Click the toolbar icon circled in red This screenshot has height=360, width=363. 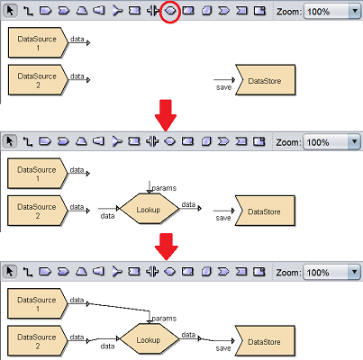click(170, 11)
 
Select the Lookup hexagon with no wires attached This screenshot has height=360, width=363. click(150, 209)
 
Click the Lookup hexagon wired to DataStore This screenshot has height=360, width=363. click(150, 339)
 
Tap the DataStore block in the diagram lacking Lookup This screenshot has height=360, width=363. click(266, 80)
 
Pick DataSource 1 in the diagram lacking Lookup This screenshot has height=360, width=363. click(38, 42)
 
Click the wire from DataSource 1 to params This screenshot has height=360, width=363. click(120, 308)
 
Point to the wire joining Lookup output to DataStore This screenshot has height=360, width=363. click(216, 340)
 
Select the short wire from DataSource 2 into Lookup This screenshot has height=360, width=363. click(103, 339)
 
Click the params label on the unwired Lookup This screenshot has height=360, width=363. click(164, 188)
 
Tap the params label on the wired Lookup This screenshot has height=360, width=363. click(164, 319)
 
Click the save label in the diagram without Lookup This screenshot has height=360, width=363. click(223, 87)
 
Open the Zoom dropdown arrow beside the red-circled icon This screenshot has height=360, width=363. click(355, 12)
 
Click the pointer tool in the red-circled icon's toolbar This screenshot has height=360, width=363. click(10, 11)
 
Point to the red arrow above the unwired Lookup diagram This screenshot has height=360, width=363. click(166, 115)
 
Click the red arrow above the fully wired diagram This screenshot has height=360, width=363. click(166, 247)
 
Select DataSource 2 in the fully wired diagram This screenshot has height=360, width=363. click(38, 341)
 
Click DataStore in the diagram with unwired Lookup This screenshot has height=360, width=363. click(265, 211)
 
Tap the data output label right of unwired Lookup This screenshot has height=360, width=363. click(188, 204)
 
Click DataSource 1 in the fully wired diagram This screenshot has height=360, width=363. click(38, 303)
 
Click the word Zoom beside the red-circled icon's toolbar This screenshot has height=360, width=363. click(289, 12)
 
